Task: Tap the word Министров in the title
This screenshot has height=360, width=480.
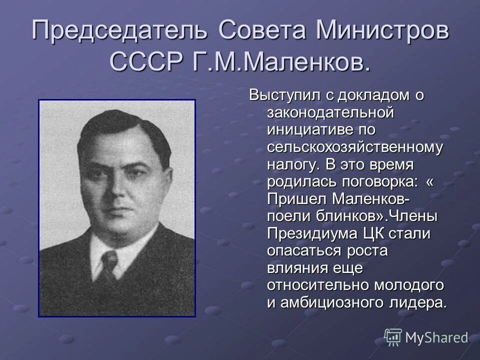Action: (x=382, y=31)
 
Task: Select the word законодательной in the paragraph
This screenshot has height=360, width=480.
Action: (x=331, y=112)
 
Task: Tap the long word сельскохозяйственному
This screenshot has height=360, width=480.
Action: (x=354, y=147)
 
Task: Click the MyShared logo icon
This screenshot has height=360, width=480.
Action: (x=392, y=337)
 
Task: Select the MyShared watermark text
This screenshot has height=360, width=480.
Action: (x=436, y=337)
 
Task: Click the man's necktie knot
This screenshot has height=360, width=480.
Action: (x=108, y=259)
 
